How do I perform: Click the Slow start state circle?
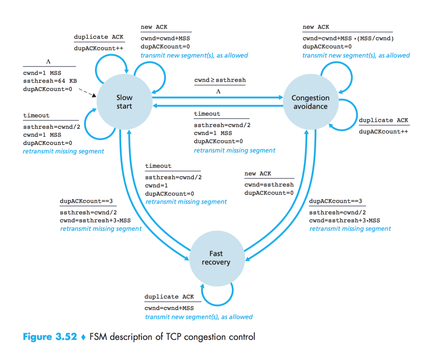click(x=124, y=102)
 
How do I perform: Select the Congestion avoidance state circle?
click(x=311, y=102)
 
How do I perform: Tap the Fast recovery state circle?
click(x=216, y=258)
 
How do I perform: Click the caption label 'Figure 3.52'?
click(x=50, y=337)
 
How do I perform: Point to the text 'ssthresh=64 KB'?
click(x=50, y=81)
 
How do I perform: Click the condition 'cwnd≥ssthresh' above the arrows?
click(x=220, y=80)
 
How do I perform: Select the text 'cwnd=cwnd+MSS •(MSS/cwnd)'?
click(x=348, y=38)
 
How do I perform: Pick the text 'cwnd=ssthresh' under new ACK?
click(x=269, y=185)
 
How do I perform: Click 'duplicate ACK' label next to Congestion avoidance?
click(x=383, y=120)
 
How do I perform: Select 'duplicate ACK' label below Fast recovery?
click(x=169, y=297)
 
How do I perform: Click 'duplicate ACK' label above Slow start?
click(x=98, y=37)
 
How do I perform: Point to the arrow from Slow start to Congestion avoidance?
click(x=217, y=97)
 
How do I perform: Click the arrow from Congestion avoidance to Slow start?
click(x=217, y=106)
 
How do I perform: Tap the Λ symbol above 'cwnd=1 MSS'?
click(x=48, y=62)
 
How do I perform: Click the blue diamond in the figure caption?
click(x=83, y=337)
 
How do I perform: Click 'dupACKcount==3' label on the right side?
click(x=335, y=201)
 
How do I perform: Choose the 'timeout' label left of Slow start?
click(x=36, y=116)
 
